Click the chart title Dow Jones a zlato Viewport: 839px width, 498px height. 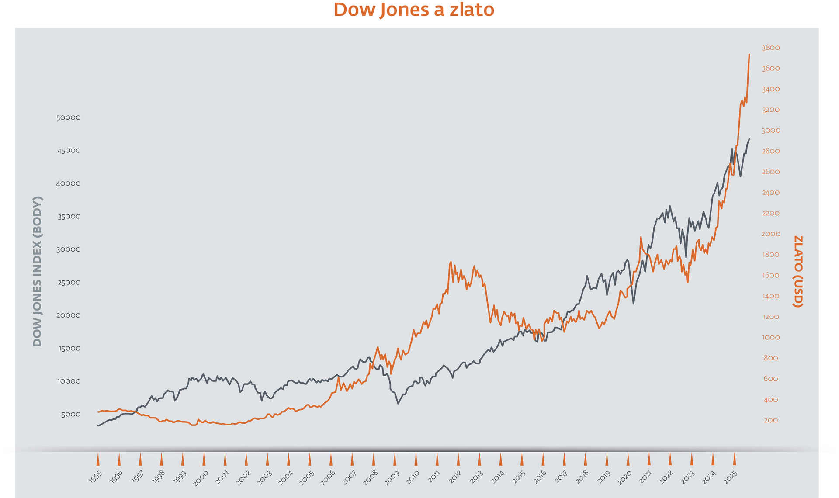point(414,10)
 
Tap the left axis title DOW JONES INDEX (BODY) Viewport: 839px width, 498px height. point(38,271)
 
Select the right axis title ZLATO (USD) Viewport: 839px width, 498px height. point(798,271)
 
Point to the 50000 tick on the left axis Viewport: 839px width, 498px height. point(69,118)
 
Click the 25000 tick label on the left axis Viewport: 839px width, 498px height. point(69,283)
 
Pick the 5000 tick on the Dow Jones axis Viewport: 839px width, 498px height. point(71,415)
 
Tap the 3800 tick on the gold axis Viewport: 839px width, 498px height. point(771,48)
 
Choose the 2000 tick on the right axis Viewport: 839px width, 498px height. point(771,234)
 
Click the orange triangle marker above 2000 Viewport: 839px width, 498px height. point(204,459)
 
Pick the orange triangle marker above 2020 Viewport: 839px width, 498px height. point(628,459)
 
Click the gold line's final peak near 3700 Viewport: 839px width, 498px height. point(749,55)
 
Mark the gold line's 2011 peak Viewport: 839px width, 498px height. point(451,262)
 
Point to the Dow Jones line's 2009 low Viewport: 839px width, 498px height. point(398,403)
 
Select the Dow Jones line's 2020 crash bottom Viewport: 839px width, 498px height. point(633,304)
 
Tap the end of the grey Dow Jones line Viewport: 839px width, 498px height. point(749,139)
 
